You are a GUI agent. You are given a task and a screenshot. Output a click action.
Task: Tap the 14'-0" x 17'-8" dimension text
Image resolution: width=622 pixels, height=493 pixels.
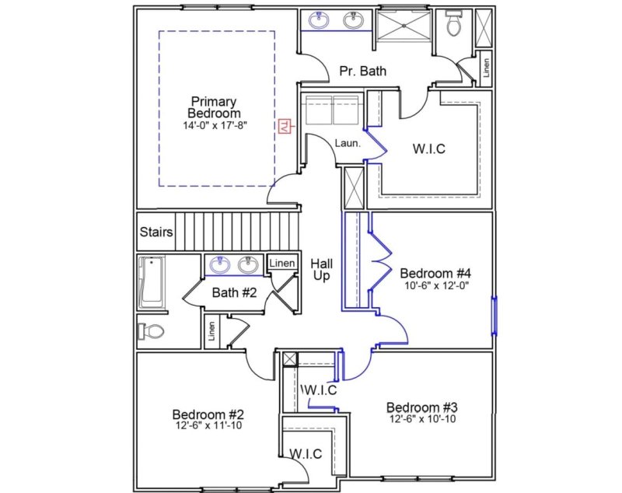pyautogui.click(x=215, y=124)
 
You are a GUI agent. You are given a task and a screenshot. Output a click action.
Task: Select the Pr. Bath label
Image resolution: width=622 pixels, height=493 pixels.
pyautogui.click(x=363, y=72)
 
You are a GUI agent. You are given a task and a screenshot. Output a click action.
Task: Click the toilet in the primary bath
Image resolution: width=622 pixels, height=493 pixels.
pyautogui.click(x=453, y=26)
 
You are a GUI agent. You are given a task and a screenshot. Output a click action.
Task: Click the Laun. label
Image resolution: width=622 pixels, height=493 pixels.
pyautogui.click(x=347, y=143)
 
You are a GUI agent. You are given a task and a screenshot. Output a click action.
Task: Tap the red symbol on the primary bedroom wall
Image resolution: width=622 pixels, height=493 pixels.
pyautogui.click(x=285, y=126)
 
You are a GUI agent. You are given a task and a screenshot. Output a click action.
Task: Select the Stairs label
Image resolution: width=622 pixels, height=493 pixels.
pyautogui.click(x=155, y=233)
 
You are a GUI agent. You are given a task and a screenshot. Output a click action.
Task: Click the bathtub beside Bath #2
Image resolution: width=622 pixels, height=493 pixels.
pyautogui.click(x=150, y=283)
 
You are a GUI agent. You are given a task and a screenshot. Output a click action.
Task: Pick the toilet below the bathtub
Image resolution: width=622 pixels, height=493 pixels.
pyautogui.click(x=151, y=332)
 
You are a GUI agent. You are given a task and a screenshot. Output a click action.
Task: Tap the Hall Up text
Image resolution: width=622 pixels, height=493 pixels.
pyautogui.click(x=323, y=270)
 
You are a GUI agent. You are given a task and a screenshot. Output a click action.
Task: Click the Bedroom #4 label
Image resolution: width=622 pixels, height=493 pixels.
pyautogui.click(x=435, y=274)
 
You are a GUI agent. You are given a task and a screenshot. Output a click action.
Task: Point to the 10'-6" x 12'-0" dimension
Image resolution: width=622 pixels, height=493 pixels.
pyautogui.click(x=435, y=285)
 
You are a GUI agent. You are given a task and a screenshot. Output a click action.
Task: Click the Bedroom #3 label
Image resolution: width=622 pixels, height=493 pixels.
pyautogui.click(x=422, y=407)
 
